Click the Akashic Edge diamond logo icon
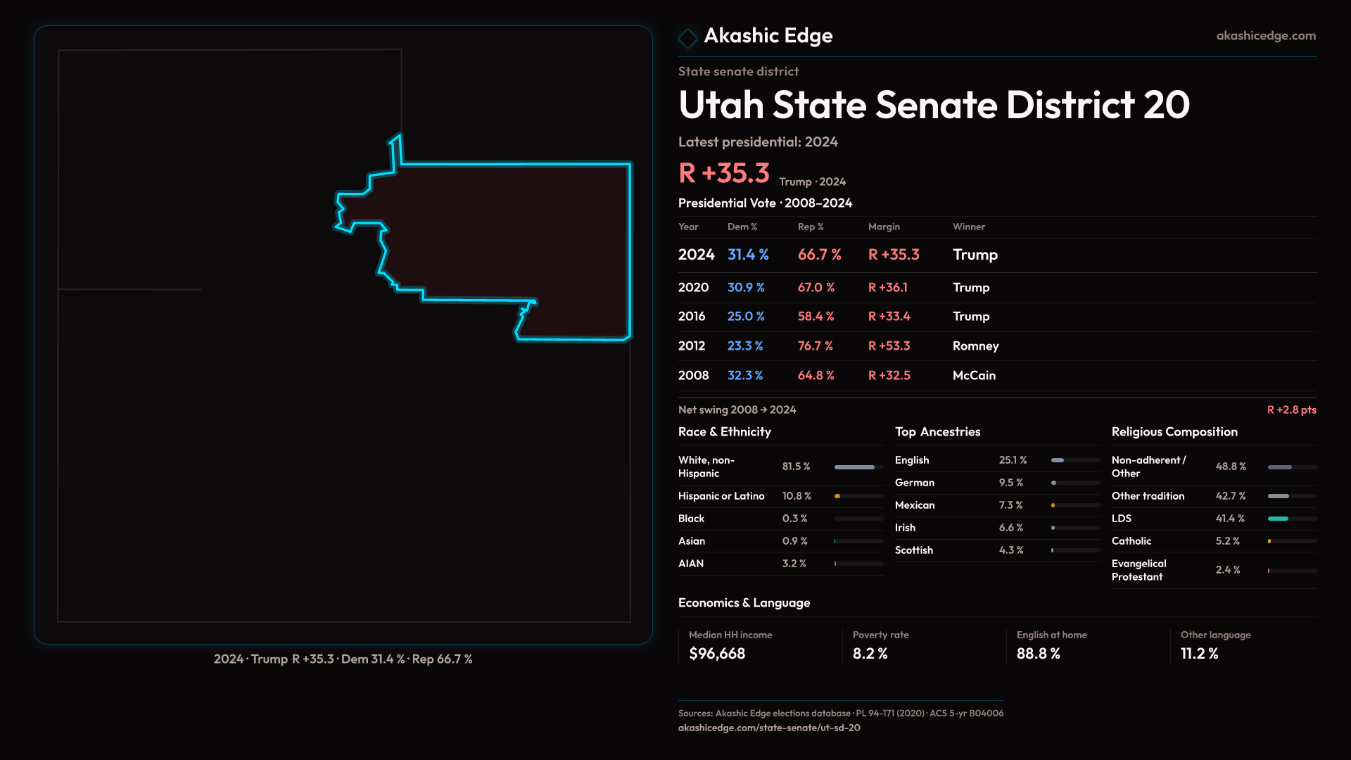(687, 38)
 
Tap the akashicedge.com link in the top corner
(1265, 36)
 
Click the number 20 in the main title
(1166, 106)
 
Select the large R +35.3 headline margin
(724, 173)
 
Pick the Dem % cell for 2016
(745, 317)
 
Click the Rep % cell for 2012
(815, 346)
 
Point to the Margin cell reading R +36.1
(887, 288)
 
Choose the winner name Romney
(975, 346)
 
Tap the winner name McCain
(974, 376)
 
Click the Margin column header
(884, 227)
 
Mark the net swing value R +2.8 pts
(1291, 410)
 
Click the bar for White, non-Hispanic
(854, 467)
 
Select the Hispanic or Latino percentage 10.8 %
(797, 496)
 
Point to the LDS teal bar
(1278, 519)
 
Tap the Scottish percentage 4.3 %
(1011, 550)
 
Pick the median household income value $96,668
(717, 654)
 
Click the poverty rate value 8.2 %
(870, 654)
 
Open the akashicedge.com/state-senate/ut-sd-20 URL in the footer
(769, 728)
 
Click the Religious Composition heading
(1174, 432)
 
